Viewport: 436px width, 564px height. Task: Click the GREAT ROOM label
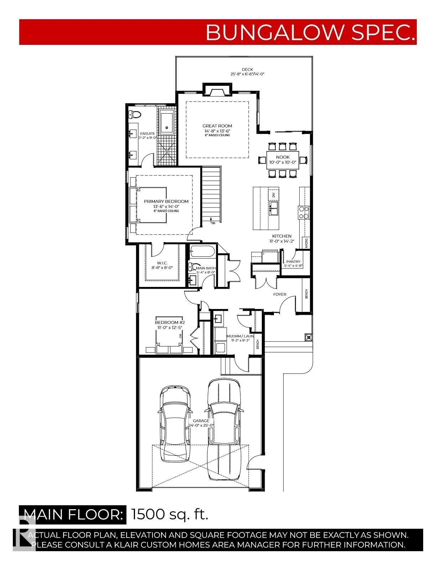[x=217, y=126]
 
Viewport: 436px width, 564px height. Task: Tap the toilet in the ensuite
[x=135, y=114]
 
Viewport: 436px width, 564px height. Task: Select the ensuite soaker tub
[x=166, y=122]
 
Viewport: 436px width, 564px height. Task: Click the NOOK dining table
[x=282, y=160]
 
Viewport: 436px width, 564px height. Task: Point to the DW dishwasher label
[x=274, y=195]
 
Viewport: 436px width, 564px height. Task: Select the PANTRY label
[x=293, y=262]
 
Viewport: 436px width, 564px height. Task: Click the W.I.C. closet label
[x=162, y=263]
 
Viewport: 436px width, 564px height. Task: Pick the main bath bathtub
[x=202, y=252]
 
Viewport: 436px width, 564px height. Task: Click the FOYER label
[x=280, y=294]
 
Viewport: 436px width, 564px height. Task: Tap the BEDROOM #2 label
[x=170, y=323]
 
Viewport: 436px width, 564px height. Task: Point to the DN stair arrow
[x=212, y=221]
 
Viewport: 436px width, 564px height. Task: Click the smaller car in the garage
[x=175, y=424]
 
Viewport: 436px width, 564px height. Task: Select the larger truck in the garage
[x=224, y=427]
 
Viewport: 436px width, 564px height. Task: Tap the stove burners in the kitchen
[x=304, y=213]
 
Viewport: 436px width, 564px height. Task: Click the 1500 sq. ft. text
[x=170, y=514]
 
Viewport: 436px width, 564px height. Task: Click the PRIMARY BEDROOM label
[x=166, y=202]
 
